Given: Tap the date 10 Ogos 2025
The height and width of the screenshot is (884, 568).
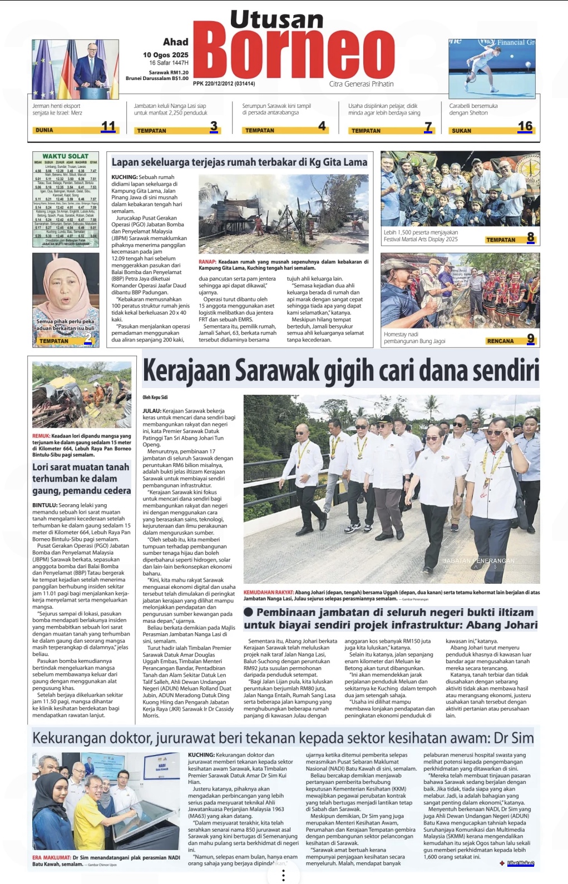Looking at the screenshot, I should [165, 55].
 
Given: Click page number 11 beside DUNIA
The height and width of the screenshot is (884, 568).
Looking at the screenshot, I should [108, 127].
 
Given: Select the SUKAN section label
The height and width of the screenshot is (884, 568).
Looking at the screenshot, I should [461, 131].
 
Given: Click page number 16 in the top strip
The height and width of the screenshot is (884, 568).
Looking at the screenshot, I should [525, 127].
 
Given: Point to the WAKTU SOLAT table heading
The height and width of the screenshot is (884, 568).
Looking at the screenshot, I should [65, 156].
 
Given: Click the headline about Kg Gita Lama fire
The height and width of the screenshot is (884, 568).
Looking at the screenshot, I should [239, 162].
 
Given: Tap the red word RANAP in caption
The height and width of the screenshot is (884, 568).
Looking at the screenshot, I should [207, 262].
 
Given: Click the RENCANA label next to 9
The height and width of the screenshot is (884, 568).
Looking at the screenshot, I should [500, 341].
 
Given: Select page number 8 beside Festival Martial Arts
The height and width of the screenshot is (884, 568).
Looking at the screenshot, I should [531, 237].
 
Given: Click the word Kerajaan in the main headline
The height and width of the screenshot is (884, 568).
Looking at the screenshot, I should [186, 371].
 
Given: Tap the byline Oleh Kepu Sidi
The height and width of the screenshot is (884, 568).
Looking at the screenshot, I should [155, 398].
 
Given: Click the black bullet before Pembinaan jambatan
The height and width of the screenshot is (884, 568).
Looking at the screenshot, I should [248, 612].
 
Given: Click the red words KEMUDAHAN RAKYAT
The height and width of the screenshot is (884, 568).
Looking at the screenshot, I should [268, 593].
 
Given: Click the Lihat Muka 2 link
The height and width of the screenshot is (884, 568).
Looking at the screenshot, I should [520, 863].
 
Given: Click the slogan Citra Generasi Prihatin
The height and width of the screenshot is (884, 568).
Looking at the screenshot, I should [361, 84].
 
